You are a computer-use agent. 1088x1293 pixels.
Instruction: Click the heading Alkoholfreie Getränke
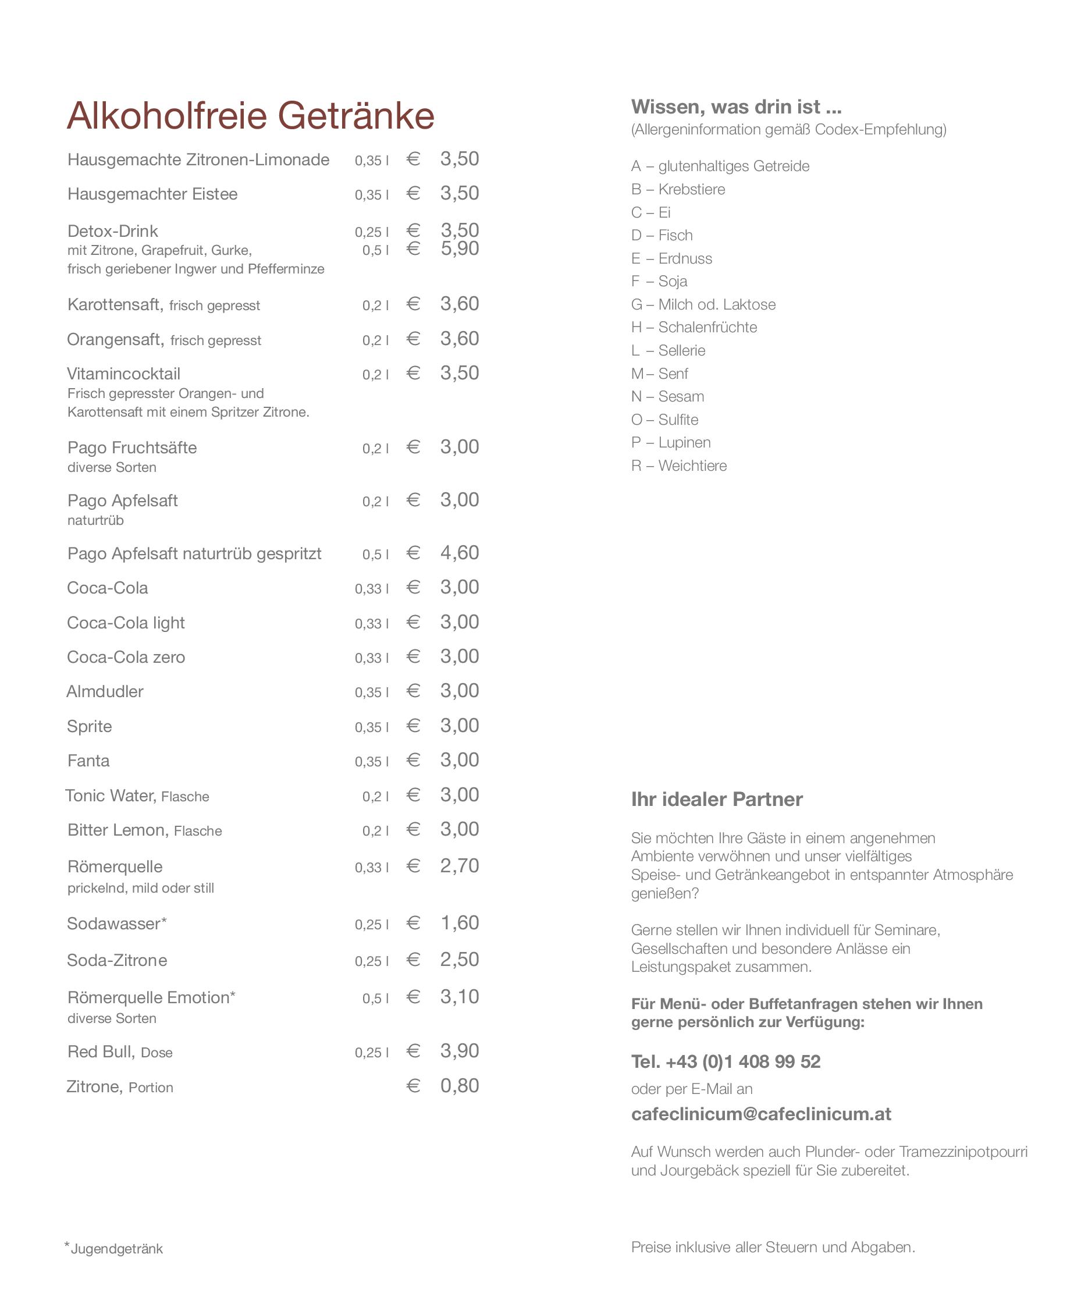click(250, 115)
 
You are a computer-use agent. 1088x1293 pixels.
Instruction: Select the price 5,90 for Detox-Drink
click(460, 248)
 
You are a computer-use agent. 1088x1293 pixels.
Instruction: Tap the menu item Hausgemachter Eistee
click(152, 194)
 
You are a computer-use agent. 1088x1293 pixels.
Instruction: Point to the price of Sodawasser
click(460, 923)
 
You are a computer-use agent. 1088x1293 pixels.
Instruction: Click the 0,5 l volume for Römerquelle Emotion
click(375, 999)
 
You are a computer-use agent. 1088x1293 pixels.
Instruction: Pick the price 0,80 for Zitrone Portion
click(460, 1086)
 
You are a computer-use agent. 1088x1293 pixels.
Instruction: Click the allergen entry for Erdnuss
click(671, 258)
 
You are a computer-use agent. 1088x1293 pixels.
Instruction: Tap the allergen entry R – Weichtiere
click(678, 466)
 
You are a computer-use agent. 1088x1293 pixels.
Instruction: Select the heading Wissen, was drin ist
click(736, 107)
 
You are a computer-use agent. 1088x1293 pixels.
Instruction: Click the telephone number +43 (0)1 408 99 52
click(726, 1061)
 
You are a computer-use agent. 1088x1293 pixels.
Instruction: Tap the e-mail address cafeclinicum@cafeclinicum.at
click(760, 1114)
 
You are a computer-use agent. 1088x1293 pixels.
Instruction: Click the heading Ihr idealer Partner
click(717, 800)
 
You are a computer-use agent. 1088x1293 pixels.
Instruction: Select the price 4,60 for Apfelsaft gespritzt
click(460, 553)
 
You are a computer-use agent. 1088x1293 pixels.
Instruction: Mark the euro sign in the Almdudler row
click(413, 691)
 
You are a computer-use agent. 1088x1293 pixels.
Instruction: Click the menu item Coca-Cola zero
click(126, 657)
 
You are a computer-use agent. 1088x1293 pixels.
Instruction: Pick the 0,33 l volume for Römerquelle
click(371, 868)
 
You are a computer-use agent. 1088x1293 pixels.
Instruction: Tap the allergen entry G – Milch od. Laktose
click(703, 305)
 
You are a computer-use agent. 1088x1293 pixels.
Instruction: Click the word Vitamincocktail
click(123, 374)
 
